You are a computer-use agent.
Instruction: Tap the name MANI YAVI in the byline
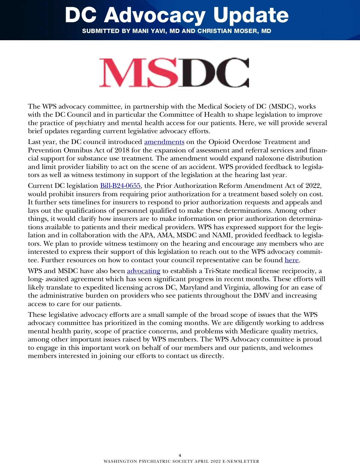[x=149, y=31]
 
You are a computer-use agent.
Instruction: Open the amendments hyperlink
[x=164, y=142]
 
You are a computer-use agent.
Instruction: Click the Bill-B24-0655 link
[x=120, y=186]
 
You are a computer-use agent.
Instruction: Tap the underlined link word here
[x=292, y=260]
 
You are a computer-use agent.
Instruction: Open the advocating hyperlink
[x=143, y=271]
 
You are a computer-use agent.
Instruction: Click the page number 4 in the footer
[x=180, y=455]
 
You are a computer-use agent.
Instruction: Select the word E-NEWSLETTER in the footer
[x=241, y=461]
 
